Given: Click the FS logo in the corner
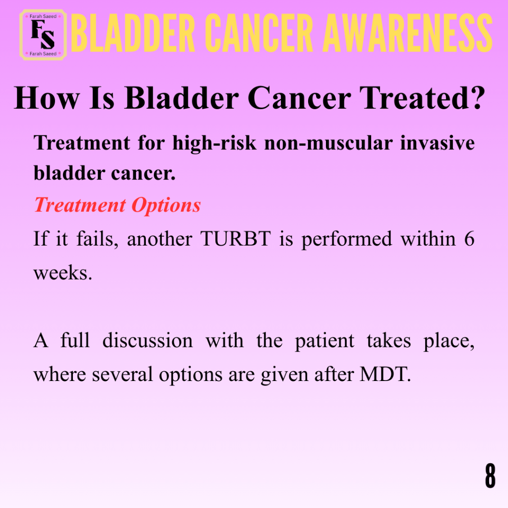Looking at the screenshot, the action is (43, 35).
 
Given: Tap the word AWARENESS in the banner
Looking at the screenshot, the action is (408, 33).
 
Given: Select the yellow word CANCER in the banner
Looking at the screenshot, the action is (259, 33).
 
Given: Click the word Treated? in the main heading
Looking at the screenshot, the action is (423, 98).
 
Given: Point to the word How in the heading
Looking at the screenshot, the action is (47, 98).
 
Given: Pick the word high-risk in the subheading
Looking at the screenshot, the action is (214, 143).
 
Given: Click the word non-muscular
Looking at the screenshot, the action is (328, 143).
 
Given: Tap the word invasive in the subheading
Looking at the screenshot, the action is (438, 143).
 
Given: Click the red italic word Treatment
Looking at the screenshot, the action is (80, 205).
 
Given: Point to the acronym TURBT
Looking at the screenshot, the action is (236, 239).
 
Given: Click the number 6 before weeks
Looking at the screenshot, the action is (469, 239).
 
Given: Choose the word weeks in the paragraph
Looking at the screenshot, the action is (63, 273).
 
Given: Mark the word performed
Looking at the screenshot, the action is (347, 240).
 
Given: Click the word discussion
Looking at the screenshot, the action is (147, 340).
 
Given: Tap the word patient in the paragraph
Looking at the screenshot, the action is (324, 341).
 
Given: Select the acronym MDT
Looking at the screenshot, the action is (385, 375).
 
